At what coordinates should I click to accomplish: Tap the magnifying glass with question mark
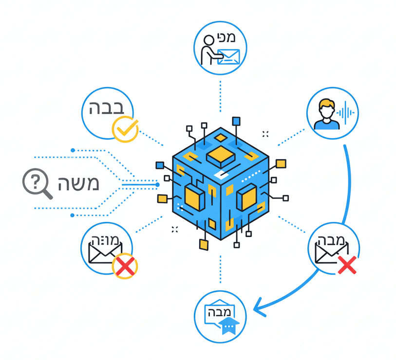pos(35,182)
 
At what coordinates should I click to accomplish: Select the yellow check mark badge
pos(125,129)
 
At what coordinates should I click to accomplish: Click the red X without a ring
pos(347,265)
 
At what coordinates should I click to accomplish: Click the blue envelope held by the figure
pos(228,57)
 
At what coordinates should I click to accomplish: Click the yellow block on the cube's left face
pos(194,197)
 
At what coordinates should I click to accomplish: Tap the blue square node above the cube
pos(236,121)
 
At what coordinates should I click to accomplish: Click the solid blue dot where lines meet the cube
pos(157,185)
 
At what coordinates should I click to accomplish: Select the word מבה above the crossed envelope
pos(334,239)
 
